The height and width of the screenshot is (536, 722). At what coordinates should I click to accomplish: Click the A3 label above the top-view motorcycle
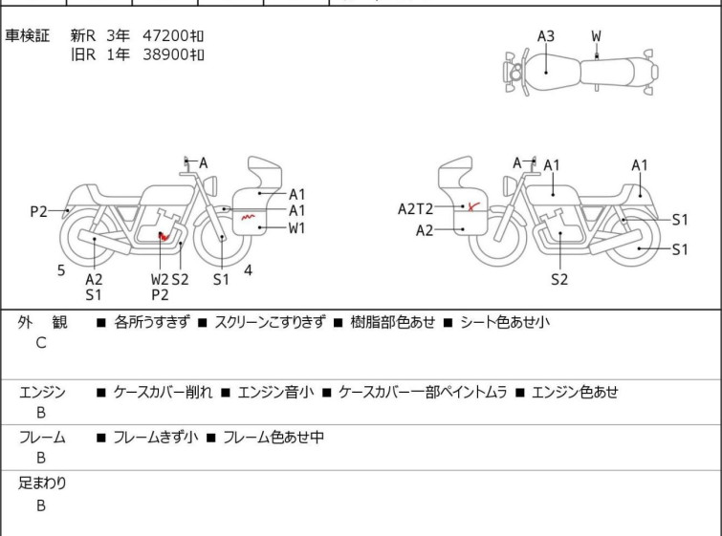[545, 36]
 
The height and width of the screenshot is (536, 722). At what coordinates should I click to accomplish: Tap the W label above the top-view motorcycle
[596, 36]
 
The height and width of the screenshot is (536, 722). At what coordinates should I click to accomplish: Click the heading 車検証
[27, 35]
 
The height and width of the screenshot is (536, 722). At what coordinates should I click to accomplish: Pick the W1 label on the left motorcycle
[297, 227]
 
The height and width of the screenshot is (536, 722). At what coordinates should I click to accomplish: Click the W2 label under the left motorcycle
[160, 279]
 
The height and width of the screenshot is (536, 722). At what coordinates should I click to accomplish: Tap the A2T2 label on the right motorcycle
[416, 209]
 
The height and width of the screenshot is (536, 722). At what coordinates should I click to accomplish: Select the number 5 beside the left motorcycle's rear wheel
[61, 270]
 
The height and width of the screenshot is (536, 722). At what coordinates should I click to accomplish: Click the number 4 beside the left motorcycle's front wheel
[248, 270]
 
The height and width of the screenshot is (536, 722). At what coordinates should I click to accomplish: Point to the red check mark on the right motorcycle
[472, 205]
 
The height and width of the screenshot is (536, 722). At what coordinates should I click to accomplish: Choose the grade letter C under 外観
[40, 343]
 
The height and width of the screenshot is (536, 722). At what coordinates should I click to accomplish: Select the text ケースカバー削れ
[163, 392]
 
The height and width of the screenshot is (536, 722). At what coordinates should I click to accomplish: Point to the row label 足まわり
[42, 483]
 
